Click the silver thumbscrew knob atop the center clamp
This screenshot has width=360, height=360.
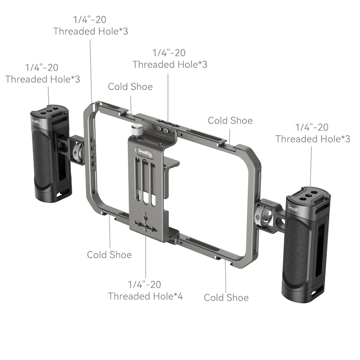click(137, 131)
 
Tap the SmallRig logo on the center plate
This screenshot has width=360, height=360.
click(144, 153)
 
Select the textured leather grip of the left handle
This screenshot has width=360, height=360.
click(41, 158)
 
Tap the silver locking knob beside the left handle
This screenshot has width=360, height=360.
click(76, 152)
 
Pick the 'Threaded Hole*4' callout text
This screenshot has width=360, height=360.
click(145, 296)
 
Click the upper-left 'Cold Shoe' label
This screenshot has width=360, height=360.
click(131, 87)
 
